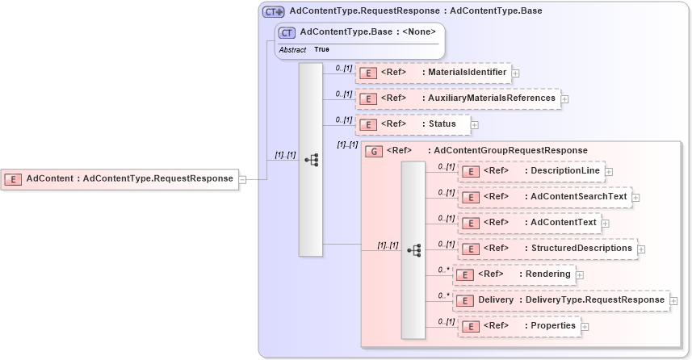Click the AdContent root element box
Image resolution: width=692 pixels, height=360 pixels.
(x=120, y=178)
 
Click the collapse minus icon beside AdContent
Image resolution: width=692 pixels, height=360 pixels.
(x=242, y=179)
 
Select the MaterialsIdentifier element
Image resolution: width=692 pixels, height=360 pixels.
(x=434, y=73)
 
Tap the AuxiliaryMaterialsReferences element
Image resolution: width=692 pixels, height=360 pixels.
(x=458, y=98)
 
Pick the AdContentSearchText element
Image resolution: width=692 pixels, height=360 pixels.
(x=544, y=197)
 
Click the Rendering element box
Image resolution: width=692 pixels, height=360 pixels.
(x=514, y=274)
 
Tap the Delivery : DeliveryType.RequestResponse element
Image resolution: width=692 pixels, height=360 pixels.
(x=560, y=300)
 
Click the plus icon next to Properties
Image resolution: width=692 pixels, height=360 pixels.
(x=585, y=327)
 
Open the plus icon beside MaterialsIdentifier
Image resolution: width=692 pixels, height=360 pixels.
(x=515, y=73)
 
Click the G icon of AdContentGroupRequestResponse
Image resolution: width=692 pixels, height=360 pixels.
(x=373, y=151)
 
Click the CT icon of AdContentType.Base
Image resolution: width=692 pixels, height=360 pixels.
(x=287, y=33)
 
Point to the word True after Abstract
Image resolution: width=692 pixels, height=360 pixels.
(x=321, y=50)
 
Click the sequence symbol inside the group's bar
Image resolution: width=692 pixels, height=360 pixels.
(x=413, y=251)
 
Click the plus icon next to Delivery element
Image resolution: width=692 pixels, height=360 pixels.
(x=673, y=301)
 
